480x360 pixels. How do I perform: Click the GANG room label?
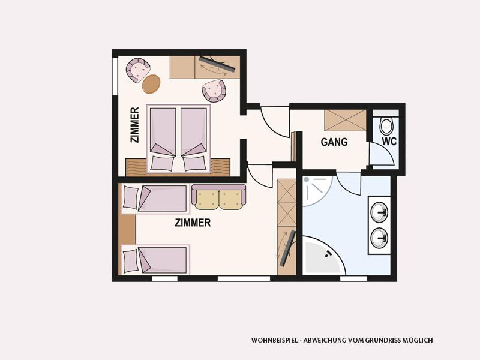tap(334, 142)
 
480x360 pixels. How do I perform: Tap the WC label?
tap(389, 142)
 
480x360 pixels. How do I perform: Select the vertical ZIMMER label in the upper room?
tap(134, 125)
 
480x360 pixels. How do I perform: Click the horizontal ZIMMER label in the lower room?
tap(193, 223)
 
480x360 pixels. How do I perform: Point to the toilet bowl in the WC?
tap(386, 125)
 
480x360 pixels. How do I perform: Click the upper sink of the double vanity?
tap(379, 212)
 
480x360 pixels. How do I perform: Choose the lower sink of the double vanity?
tap(379, 238)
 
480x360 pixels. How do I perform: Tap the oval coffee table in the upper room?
tap(151, 84)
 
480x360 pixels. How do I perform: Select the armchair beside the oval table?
tap(138, 70)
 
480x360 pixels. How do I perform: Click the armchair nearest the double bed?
tap(214, 91)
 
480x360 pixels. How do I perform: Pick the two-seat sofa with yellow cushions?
tap(218, 197)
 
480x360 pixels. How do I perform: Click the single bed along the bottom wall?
tap(155, 260)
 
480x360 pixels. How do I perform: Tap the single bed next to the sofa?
tap(155, 199)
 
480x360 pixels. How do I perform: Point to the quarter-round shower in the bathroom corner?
tap(317, 190)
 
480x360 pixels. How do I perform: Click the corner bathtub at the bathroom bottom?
tap(323, 256)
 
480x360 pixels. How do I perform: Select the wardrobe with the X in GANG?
tap(346, 121)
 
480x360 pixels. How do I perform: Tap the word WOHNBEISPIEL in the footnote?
tap(274, 340)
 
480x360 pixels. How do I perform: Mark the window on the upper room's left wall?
tap(115, 77)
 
